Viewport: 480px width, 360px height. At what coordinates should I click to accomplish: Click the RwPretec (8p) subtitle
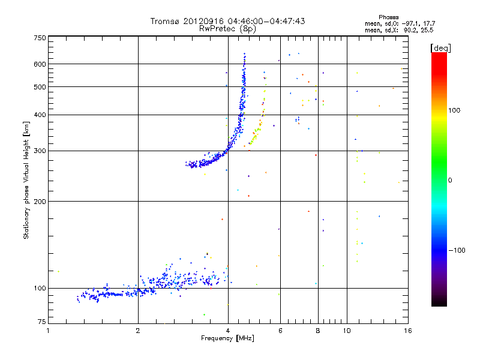coord(228,28)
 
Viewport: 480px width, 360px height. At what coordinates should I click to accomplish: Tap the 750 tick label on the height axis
coord(40,38)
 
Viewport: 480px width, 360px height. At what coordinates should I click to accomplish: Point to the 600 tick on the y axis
coord(40,64)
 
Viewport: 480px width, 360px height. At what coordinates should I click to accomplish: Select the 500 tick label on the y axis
coord(40,87)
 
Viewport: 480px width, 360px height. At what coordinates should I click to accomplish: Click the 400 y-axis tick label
coord(40,115)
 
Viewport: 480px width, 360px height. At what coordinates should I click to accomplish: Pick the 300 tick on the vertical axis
coord(40,151)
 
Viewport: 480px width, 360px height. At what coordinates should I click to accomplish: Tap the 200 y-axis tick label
coord(40,202)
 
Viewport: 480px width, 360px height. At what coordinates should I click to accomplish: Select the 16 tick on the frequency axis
coord(407,331)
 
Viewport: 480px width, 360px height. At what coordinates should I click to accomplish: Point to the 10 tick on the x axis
coord(347,331)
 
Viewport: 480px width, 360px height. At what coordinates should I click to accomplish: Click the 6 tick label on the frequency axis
coord(280,331)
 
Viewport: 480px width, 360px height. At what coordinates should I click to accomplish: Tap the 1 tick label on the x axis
coord(49,331)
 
